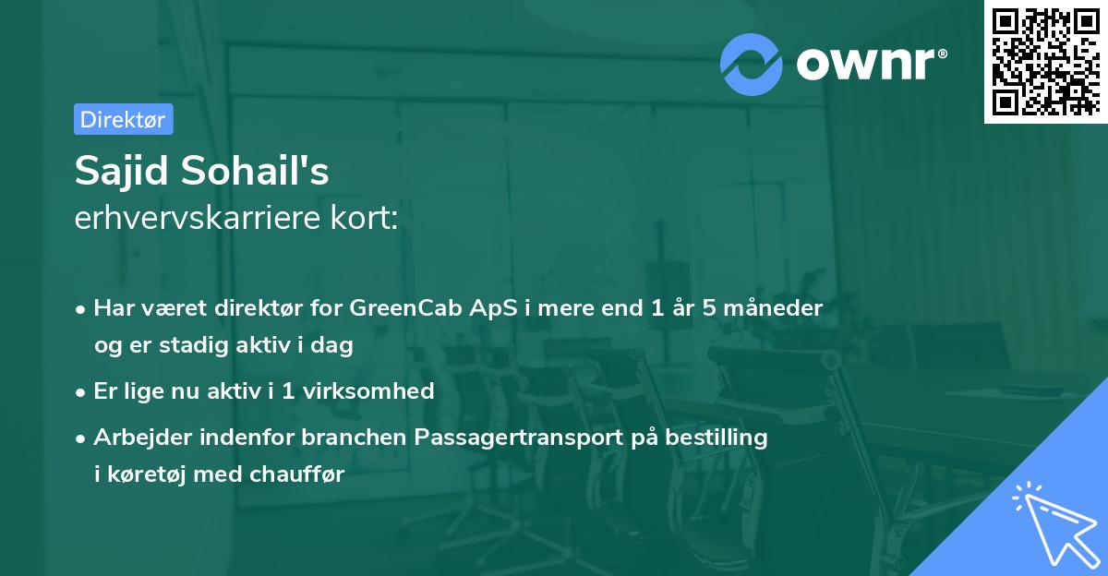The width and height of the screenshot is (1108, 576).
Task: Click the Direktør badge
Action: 123,119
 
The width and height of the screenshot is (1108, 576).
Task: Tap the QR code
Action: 1045,62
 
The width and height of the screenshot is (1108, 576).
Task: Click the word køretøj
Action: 148,474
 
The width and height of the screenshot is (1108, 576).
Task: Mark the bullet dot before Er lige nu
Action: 82,391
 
